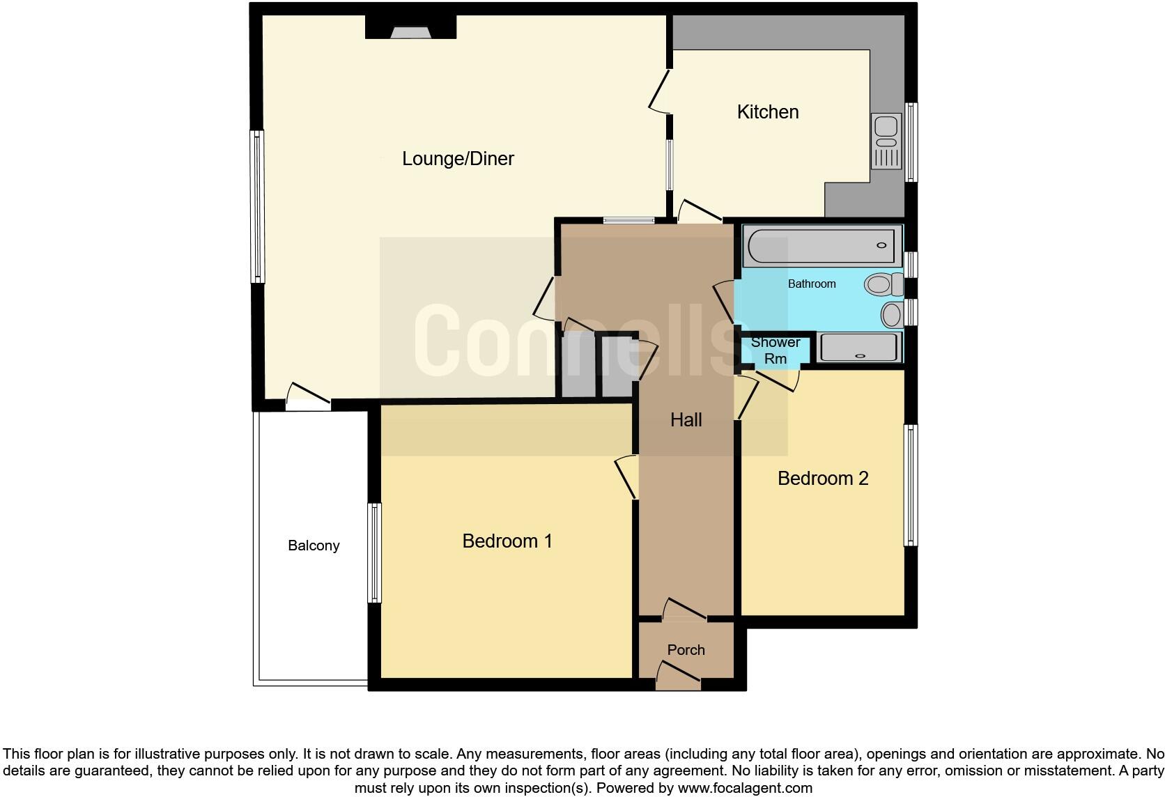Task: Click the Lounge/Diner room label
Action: (458, 159)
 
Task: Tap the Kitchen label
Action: (768, 112)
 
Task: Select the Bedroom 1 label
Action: (507, 541)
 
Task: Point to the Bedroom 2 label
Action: (823, 479)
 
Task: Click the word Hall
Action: (686, 419)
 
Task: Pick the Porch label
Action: (686, 650)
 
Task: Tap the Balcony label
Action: (314, 545)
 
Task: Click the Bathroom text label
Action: (812, 284)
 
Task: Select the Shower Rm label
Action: (776, 350)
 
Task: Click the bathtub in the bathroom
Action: (822, 245)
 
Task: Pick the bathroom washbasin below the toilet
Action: (892, 314)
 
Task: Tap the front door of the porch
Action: (678, 677)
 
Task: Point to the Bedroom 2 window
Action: (910, 485)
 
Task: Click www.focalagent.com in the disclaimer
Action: (745, 789)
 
